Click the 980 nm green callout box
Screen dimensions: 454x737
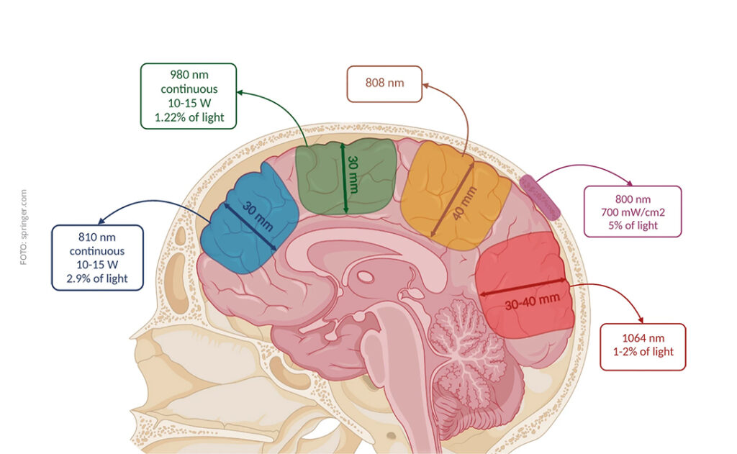(189, 96)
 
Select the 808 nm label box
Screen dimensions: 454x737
(384, 83)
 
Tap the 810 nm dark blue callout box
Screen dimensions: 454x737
(97, 258)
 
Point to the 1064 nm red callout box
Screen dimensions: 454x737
(643, 347)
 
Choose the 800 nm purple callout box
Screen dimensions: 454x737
(633, 211)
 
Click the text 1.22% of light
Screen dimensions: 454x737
(189, 117)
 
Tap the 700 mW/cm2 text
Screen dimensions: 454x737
(633, 212)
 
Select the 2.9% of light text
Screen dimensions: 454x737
(97, 278)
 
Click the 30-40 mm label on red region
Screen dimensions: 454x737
(532, 304)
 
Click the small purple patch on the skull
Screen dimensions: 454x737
(540, 197)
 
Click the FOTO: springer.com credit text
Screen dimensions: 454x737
(24, 227)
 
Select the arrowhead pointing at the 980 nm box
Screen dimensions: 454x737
(240, 93)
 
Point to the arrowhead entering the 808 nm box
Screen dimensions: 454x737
(425, 86)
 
